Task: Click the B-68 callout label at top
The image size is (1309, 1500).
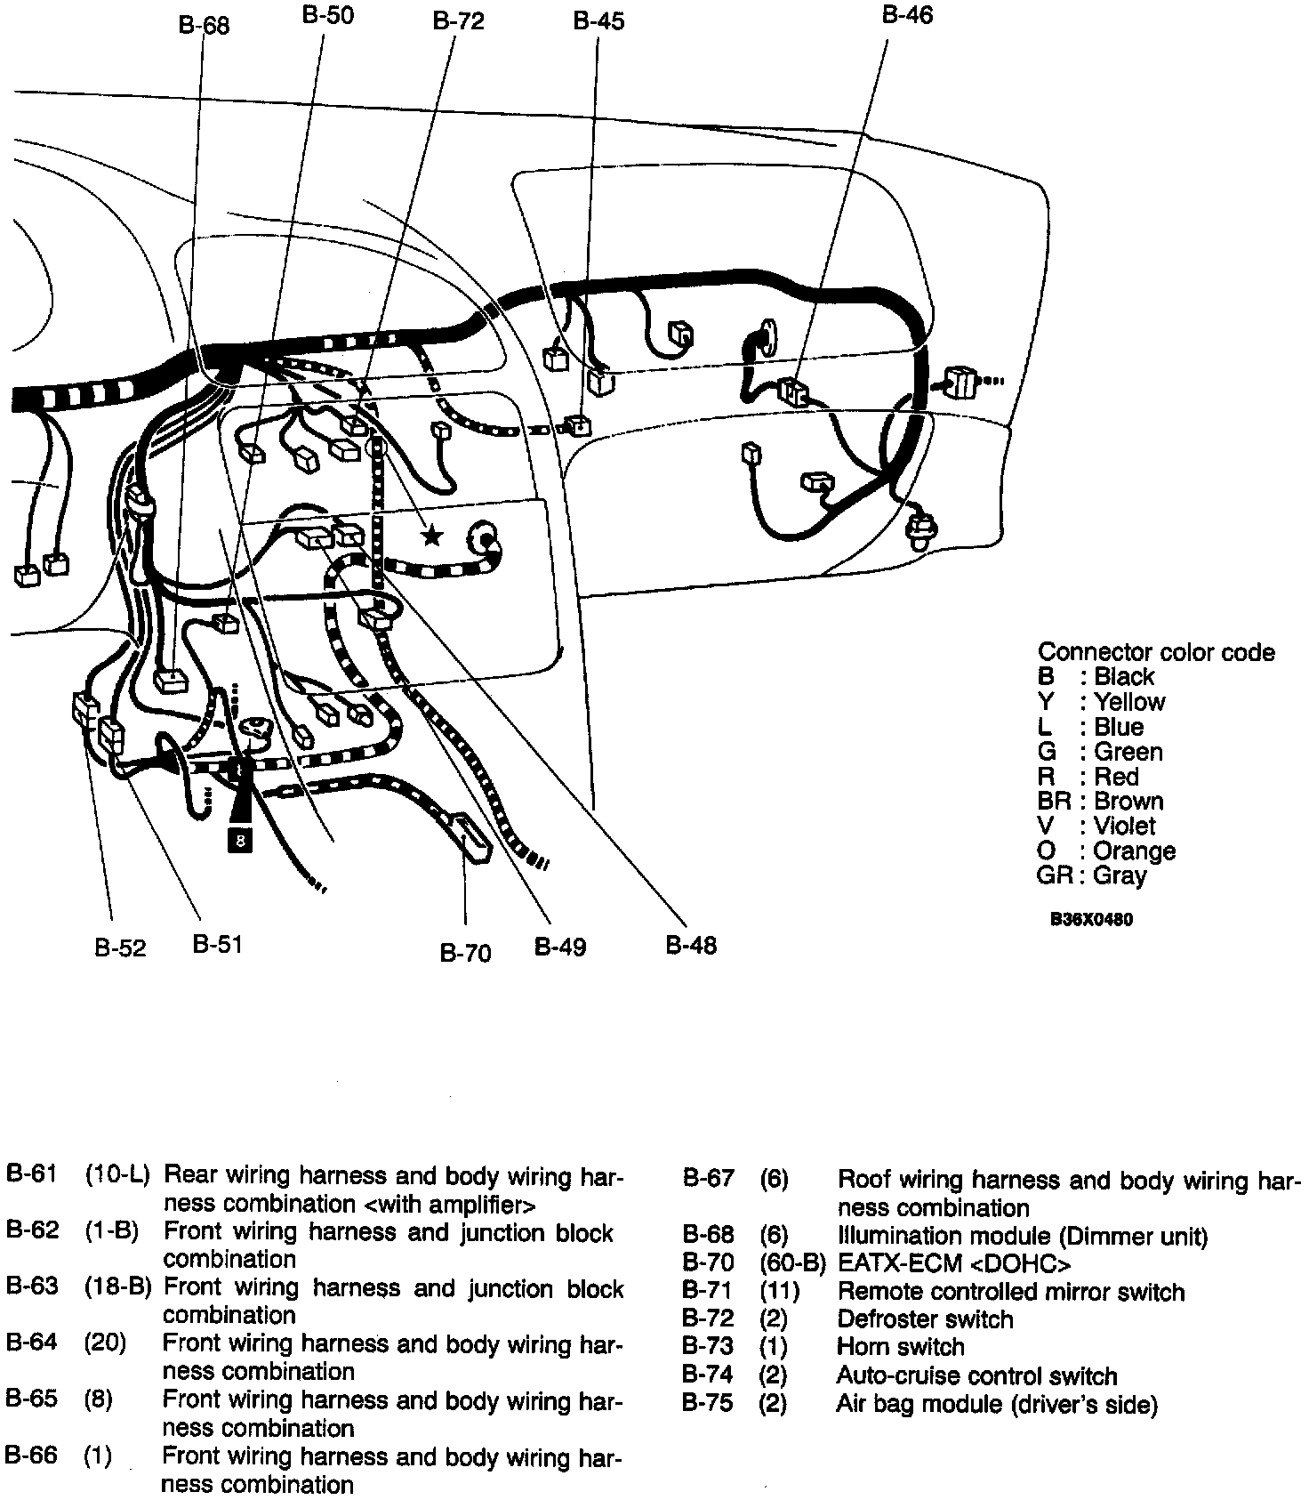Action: coord(204,25)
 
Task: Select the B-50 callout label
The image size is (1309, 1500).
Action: coord(327,16)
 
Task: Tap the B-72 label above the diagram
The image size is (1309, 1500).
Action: coord(458,21)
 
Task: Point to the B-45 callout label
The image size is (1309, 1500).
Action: coord(598,21)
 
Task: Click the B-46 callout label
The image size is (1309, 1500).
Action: coord(907,15)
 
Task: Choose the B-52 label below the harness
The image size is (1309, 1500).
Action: coord(120,948)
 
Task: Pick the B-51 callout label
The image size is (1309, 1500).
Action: coord(217,944)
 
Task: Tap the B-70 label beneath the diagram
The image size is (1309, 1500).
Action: coord(465,953)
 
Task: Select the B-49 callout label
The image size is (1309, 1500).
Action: coord(560,947)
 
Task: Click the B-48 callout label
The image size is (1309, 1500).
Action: coord(691,945)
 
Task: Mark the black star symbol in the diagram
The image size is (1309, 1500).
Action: coord(432,536)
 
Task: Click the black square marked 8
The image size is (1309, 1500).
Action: coord(240,838)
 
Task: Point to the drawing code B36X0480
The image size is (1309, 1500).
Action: coord(1091,920)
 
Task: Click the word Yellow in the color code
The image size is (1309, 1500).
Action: coord(1128,701)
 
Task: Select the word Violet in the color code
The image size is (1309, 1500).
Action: coord(1124,826)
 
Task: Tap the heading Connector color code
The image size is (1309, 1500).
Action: coord(1156,652)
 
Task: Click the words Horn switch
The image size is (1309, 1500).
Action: coord(900,1347)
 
